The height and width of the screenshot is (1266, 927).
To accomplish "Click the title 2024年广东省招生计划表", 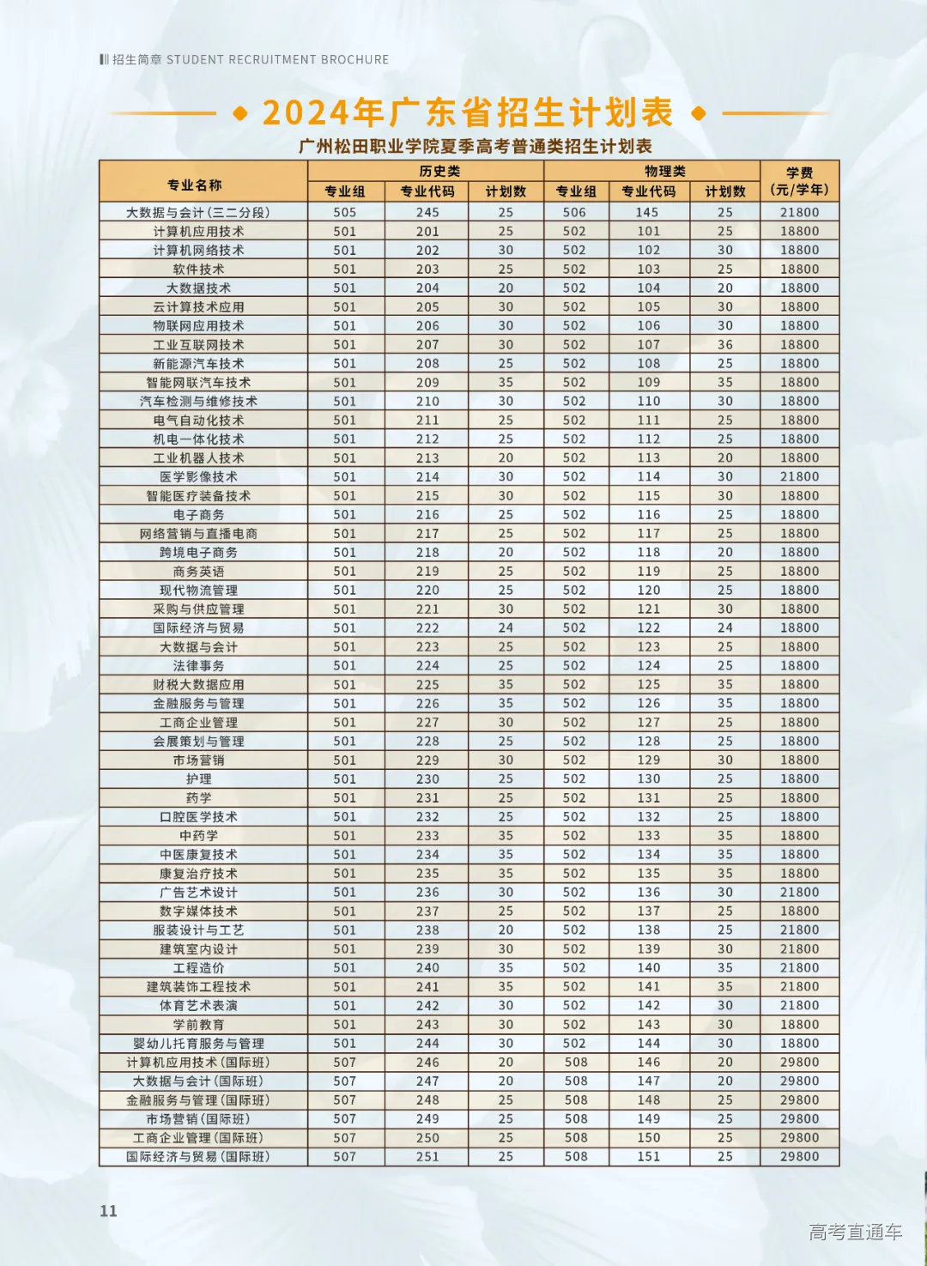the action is point(468,112).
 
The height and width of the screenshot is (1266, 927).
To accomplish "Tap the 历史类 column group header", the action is point(439,171).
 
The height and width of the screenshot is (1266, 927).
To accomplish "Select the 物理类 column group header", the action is point(665,171).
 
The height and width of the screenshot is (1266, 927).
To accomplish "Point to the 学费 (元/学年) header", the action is point(799,181).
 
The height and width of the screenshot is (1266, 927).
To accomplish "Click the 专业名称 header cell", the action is point(195,185).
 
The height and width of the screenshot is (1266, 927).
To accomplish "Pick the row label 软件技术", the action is point(198,270).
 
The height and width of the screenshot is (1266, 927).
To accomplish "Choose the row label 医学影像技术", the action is point(198,477).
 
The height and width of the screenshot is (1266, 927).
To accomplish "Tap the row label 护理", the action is point(198,779).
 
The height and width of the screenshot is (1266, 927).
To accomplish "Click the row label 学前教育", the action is point(198,1025).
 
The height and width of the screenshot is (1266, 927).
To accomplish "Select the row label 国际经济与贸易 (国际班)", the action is point(198,1157).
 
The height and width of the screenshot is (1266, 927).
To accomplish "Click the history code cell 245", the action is point(427,213).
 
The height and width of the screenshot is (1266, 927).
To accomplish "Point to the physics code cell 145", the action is point(647,213).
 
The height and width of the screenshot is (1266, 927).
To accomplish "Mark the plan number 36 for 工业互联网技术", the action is point(725,345).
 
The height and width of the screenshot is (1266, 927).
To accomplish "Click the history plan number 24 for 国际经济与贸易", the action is point(506,628).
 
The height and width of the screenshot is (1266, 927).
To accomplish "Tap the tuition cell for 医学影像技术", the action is point(799,477).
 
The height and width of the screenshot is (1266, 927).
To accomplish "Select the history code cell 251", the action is point(427,1157).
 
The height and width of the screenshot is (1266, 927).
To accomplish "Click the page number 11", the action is point(108,1211).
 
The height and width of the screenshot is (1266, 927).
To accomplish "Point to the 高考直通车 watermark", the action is point(855,1233).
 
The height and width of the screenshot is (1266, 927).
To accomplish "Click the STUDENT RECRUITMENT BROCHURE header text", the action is point(277,60).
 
